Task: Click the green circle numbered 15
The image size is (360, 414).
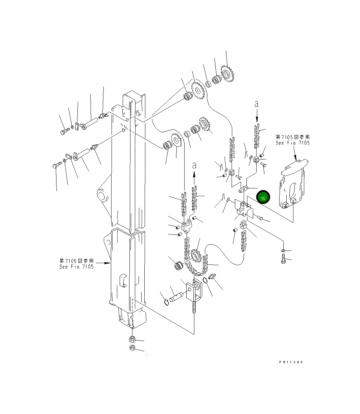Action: click(263, 197)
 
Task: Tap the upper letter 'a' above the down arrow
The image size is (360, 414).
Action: click(257, 104)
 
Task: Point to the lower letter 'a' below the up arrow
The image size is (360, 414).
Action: click(194, 165)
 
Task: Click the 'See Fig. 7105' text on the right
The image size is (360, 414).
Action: click(292, 143)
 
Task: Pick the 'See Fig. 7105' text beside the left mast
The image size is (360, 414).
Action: click(76, 267)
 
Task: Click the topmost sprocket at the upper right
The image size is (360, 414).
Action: click(227, 74)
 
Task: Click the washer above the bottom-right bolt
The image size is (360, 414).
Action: click(283, 251)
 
